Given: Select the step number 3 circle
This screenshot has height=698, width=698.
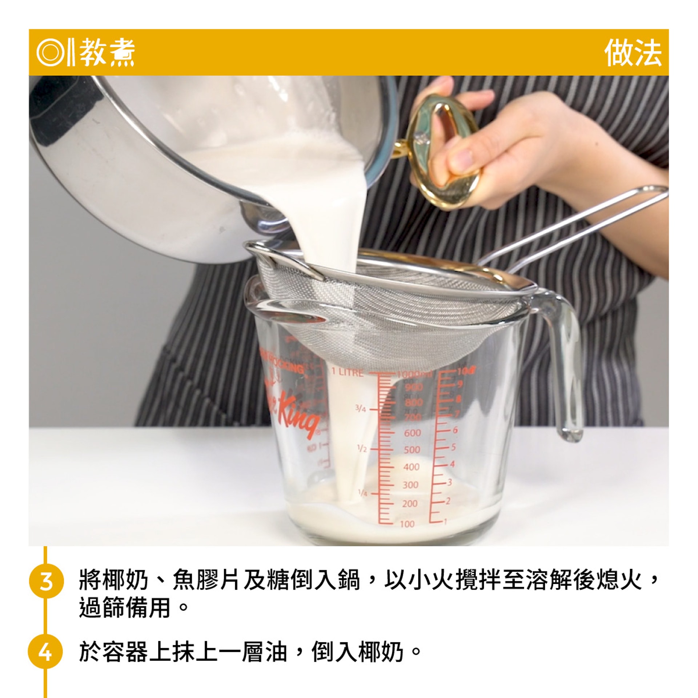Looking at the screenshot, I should coord(46,581).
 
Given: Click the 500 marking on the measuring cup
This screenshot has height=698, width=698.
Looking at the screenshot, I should coord(412,450).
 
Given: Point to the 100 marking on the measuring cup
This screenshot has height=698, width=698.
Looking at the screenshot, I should coord(407,524).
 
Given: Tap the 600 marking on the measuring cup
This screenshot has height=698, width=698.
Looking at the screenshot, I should coord(412,433).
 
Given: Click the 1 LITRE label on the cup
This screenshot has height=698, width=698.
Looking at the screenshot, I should coord(347,372).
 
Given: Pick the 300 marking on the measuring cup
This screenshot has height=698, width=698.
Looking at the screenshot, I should coord(410,485).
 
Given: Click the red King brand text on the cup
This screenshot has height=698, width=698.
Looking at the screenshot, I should coord(296,414).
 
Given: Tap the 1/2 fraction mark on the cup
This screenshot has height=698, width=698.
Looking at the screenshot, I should coord(362,449).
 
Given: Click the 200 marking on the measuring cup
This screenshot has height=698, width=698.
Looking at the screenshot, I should coord(410,504).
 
